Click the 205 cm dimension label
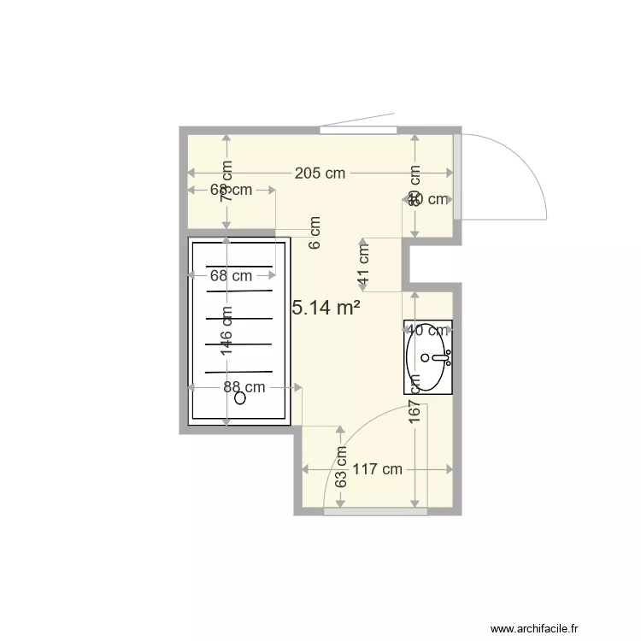(320, 173)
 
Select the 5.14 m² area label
(326, 308)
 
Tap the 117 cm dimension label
(377, 469)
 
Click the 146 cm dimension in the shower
(226, 331)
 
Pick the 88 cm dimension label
(244, 386)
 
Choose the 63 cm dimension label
(340, 468)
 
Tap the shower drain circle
(240, 397)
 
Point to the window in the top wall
(358, 130)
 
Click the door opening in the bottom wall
(375, 511)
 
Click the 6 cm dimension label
(315, 232)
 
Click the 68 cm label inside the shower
(231, 275)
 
